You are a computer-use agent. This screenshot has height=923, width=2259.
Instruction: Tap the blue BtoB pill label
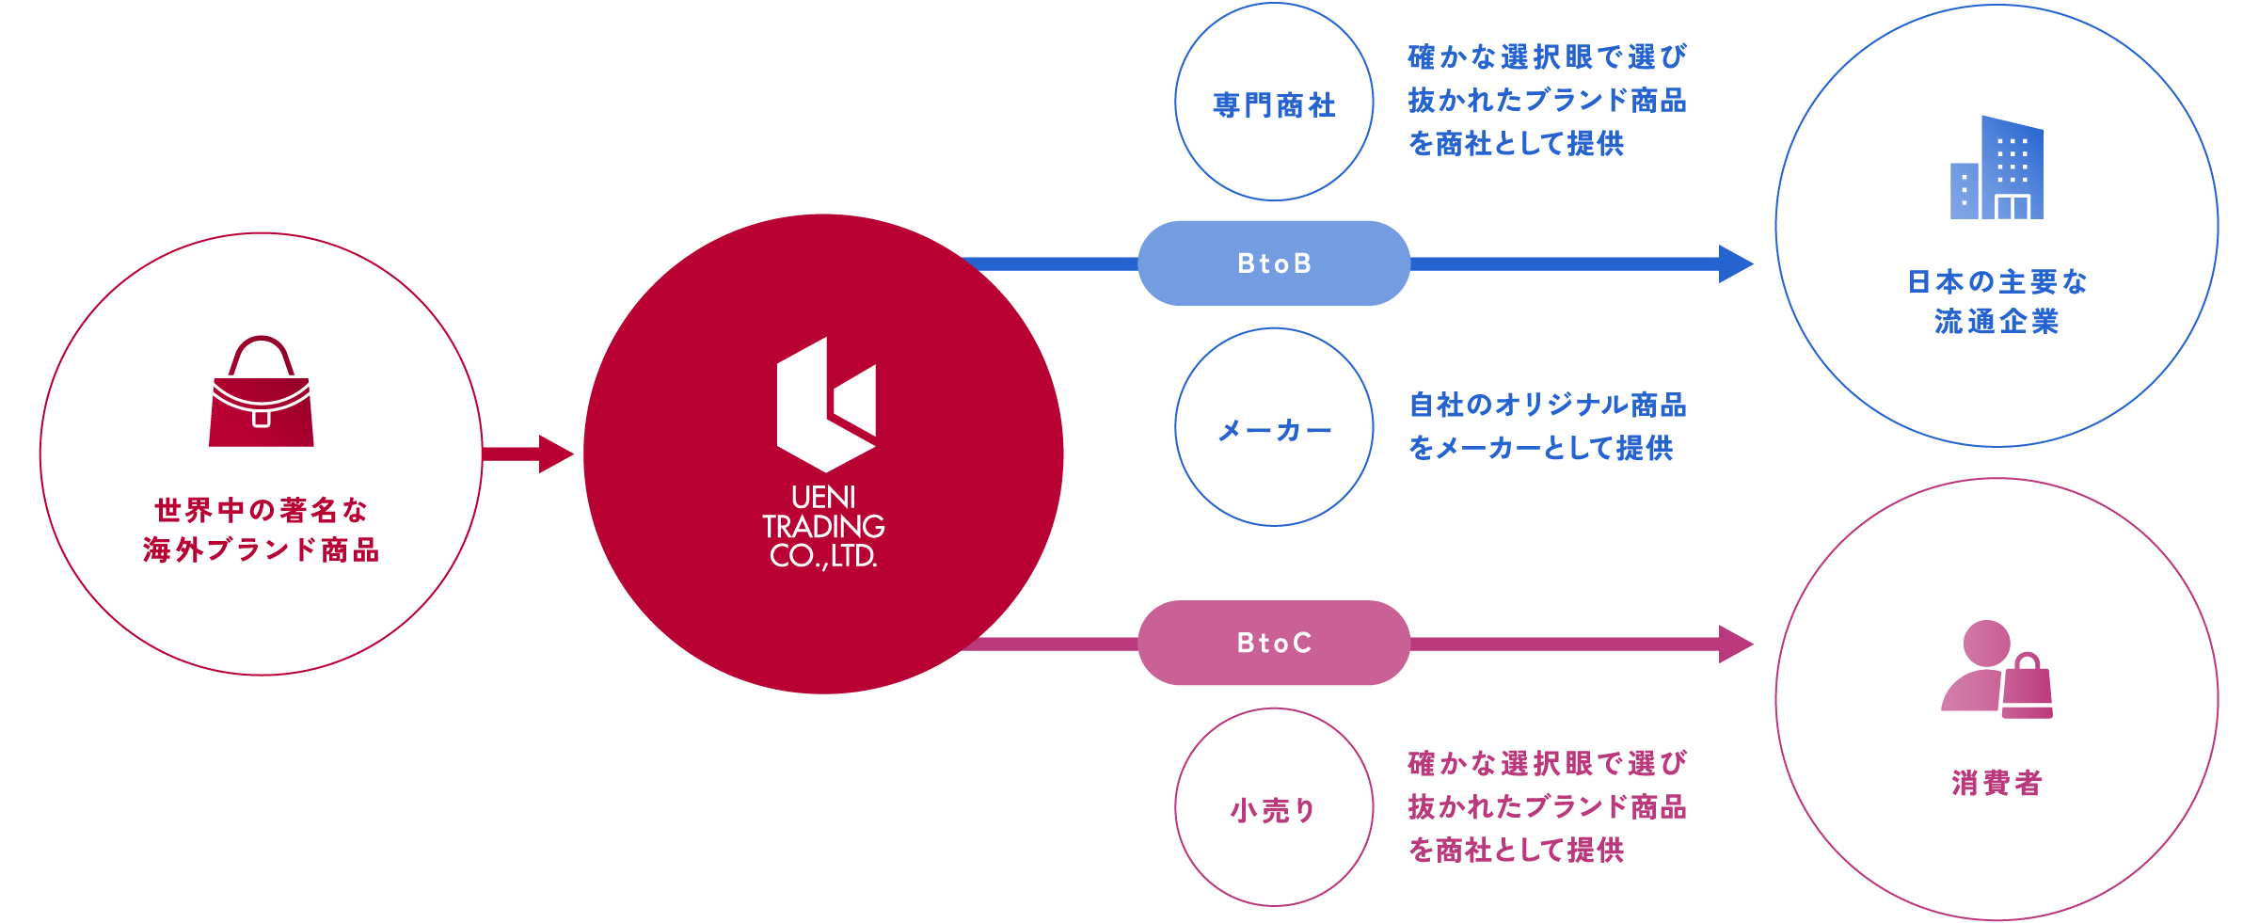(x=1274, y=263)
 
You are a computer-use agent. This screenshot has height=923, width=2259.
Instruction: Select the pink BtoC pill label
(x=1274, y=643)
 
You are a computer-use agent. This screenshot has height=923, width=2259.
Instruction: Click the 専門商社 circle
(x=1274, y=103)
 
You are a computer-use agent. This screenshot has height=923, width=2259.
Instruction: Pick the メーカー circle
(x=1274, y=429)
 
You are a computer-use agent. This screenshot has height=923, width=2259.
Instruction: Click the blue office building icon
(x=1997, y=168)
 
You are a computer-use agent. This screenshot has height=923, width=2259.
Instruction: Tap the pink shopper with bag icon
(x=1997, y=670)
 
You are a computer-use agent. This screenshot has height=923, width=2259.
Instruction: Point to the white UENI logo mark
(x=826, y=405)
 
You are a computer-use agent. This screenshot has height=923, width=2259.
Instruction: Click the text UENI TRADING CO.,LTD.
(x=823, y=526)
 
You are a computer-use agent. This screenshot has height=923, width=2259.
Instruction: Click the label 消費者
(x=1997, y=783)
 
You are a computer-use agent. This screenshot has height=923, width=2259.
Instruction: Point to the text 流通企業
(x=1997, y=322)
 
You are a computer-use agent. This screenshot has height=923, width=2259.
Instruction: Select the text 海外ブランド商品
(x=262, y=550)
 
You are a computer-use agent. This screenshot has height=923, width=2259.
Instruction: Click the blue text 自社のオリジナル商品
(x=1547, y=406)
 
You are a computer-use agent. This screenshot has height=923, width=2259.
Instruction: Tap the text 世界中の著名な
(x=262, y=510)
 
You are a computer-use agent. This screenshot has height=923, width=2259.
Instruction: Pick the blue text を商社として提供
(x=1516, y=144)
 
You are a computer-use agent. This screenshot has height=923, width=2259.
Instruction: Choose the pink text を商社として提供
(x=1516, y=851)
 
